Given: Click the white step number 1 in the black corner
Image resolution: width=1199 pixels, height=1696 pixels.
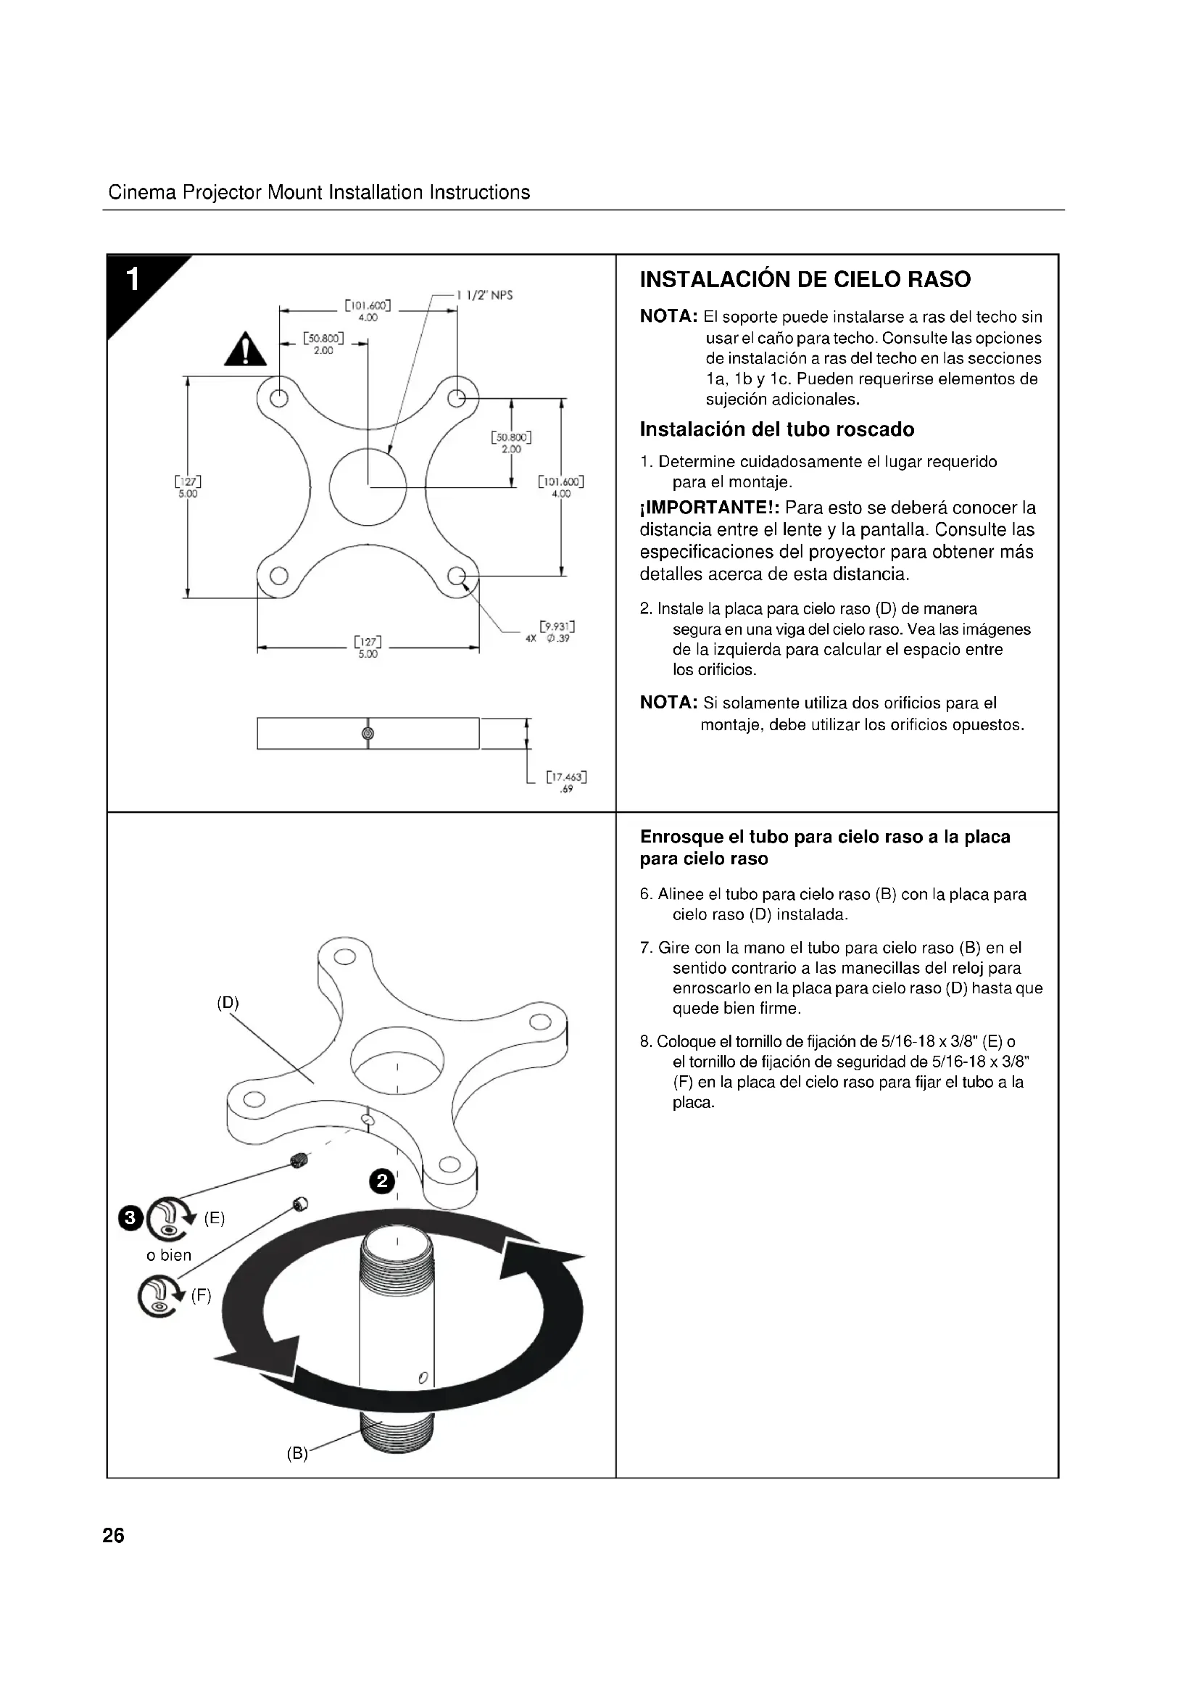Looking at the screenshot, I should [x=133, y=280].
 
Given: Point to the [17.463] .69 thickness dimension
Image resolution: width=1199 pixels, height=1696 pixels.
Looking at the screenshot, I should [x=566, y=782].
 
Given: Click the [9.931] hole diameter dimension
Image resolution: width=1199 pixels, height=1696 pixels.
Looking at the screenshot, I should [x=557, y=632].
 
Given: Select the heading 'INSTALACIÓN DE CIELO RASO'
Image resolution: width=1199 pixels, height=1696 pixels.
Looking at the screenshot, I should [x=805, y=280].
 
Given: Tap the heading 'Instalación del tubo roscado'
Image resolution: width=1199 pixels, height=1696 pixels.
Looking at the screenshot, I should [x=776, y=429].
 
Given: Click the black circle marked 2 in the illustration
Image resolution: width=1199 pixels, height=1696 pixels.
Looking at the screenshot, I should [x=382, y=1181].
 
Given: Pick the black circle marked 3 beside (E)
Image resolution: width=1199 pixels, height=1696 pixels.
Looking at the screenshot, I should [x=130, y=1218].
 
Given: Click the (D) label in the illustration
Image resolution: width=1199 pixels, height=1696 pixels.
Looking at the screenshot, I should [x=228, y=1002].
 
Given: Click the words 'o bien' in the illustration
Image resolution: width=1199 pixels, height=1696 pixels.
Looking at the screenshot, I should [x=169, y=1255].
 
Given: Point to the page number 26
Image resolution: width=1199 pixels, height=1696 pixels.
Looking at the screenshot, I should [x=114, y=1536].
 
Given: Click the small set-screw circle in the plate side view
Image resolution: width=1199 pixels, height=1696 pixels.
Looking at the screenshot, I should [x=368, y=733].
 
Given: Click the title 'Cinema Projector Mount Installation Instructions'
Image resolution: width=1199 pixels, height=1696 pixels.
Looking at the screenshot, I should [x=319, y=193].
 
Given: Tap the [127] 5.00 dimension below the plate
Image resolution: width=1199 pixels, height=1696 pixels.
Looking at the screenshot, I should [x=368, y=647].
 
